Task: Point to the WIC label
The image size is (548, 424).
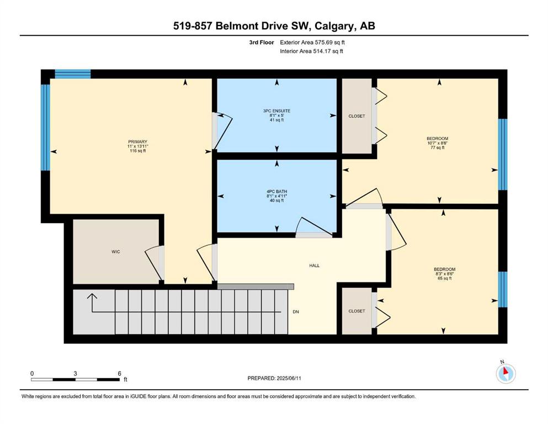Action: [115, 252]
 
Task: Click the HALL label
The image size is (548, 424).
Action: [314, 266]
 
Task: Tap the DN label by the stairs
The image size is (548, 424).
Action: [296, 311]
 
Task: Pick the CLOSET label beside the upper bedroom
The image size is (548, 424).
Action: [357, 116]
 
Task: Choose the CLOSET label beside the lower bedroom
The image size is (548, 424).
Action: [357, 311]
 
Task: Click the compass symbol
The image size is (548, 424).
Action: [504, 374]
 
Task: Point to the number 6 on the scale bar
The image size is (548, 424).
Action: [119, 373]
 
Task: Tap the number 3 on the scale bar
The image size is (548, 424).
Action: [75, 373]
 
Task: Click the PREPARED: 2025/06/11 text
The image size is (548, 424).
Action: [275, 378]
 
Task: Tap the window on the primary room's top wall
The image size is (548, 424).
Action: [73, 74]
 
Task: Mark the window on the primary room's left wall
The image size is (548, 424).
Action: [46, 128]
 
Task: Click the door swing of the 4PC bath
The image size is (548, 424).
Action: [306, 227]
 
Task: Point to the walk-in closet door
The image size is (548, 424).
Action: [155, 263]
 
